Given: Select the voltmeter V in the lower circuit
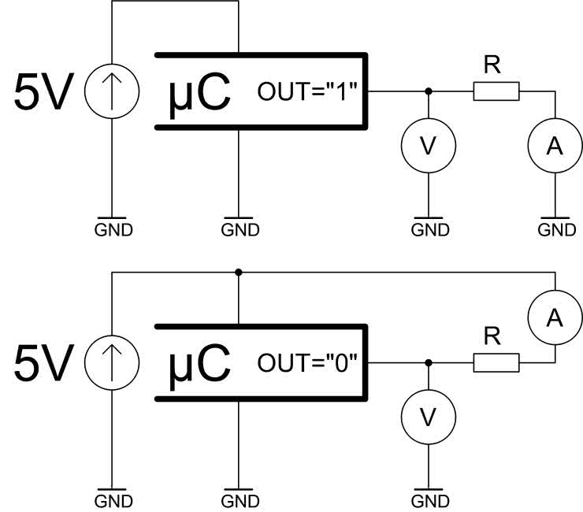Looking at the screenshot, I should (x=428, y=418).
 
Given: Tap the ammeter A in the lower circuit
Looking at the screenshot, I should (x=555, y=316).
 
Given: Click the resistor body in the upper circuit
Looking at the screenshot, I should (x=496, y=92).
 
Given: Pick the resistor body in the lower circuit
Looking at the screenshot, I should (x=496, y=362).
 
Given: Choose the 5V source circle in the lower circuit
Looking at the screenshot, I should (x=111, y=363).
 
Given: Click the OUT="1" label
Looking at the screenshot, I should (x=308, y=93).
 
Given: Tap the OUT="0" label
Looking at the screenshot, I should (x=308, y=364).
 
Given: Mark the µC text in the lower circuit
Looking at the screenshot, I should (x=200, y=363).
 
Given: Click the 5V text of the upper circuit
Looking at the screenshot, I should (x=44, y=92).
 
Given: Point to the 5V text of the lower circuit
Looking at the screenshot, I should (x=44, y=363).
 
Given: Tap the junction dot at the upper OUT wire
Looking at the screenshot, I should (x=428, y=92).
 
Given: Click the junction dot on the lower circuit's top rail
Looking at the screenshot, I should (x=238, y=273).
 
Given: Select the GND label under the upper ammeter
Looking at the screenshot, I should (x=556, y=230).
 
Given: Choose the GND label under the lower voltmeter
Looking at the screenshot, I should (x=429, y=501).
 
